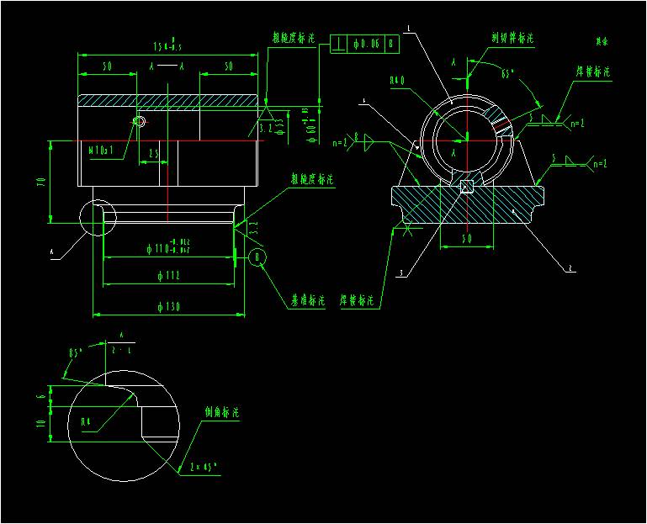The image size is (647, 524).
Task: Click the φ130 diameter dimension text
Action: click(x=168, y=306)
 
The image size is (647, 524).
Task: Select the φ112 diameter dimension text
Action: click(x=168, y=276)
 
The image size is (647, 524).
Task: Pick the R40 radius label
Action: click(x=398, y=82)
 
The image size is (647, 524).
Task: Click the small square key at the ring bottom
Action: click(x=465, y=187)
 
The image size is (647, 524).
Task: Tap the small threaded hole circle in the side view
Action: click(x=139, y=122)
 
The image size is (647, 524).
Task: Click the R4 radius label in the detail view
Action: click(x=86, y=421)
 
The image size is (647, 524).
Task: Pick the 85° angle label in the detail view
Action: click(x=77, y=352)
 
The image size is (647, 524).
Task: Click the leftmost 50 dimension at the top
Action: click(x=107, y=66)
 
